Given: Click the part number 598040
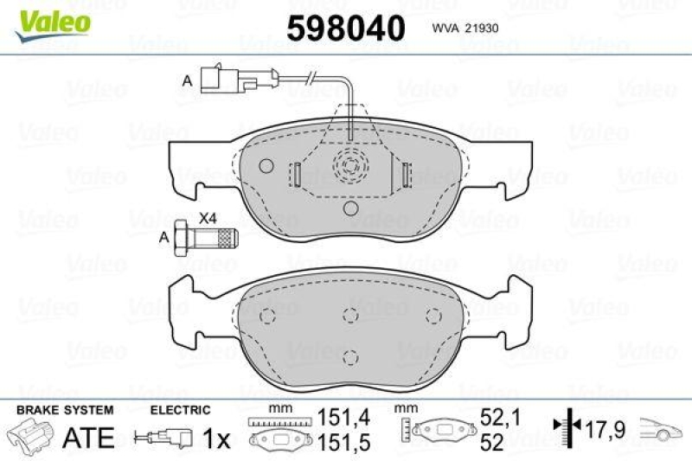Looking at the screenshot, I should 345,29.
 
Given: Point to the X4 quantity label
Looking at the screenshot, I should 208,218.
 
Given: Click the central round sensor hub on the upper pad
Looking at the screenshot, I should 350,163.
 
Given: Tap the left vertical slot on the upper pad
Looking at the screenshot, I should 295,175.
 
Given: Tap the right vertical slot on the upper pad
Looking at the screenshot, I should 404,175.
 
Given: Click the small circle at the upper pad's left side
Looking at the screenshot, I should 266,166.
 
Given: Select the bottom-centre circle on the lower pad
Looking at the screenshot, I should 350,355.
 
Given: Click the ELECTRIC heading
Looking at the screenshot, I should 180,410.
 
